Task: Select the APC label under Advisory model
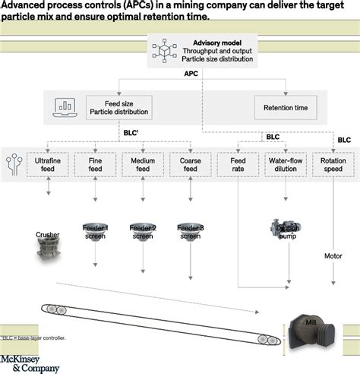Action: pyautogui.click(x=191, y=75)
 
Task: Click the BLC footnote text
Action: pyautogui.click(x=35, y=338)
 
